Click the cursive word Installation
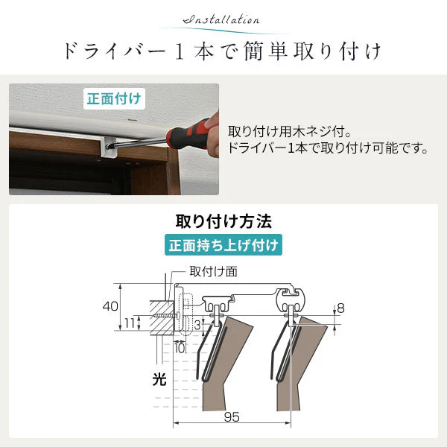point(221,19)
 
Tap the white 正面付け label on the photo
point(114,98)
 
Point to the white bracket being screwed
point(110,148)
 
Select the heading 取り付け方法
point(223,221)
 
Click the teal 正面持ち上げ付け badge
point(223,245)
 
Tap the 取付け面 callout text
point(213,271)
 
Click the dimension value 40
point(110,306)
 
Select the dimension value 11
point(130,323)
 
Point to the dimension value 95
point(232,417)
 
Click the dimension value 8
point(340,308)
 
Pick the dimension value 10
point(180,348)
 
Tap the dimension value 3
point(197,326)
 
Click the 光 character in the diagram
point(159,379)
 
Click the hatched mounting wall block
point(162,317)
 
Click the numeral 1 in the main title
point(180,52)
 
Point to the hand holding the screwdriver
point(212,133)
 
